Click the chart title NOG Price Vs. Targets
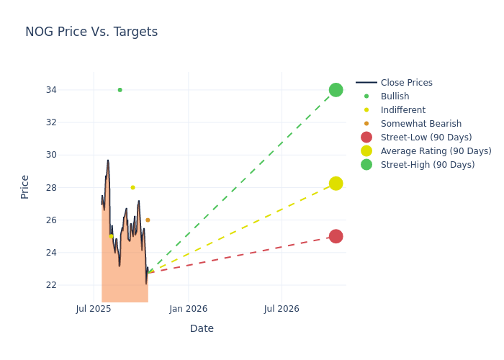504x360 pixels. click(91, 32)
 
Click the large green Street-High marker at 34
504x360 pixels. click(336, 90)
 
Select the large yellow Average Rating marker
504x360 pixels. click(336, 184)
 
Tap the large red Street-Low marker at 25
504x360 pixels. click(336, 236)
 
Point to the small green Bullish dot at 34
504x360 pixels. click(120, 90)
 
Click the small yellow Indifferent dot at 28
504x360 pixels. click(132, 187)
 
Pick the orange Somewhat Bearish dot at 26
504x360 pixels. click(148, 220)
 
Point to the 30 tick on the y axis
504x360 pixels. click(71, 155)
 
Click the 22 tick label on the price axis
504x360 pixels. click(71, 285)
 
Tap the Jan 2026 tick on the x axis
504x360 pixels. click(188, 309)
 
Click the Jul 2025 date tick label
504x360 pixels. click(94, 309)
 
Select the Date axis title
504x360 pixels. click(202, 328)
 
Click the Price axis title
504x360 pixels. click(25, 186)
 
